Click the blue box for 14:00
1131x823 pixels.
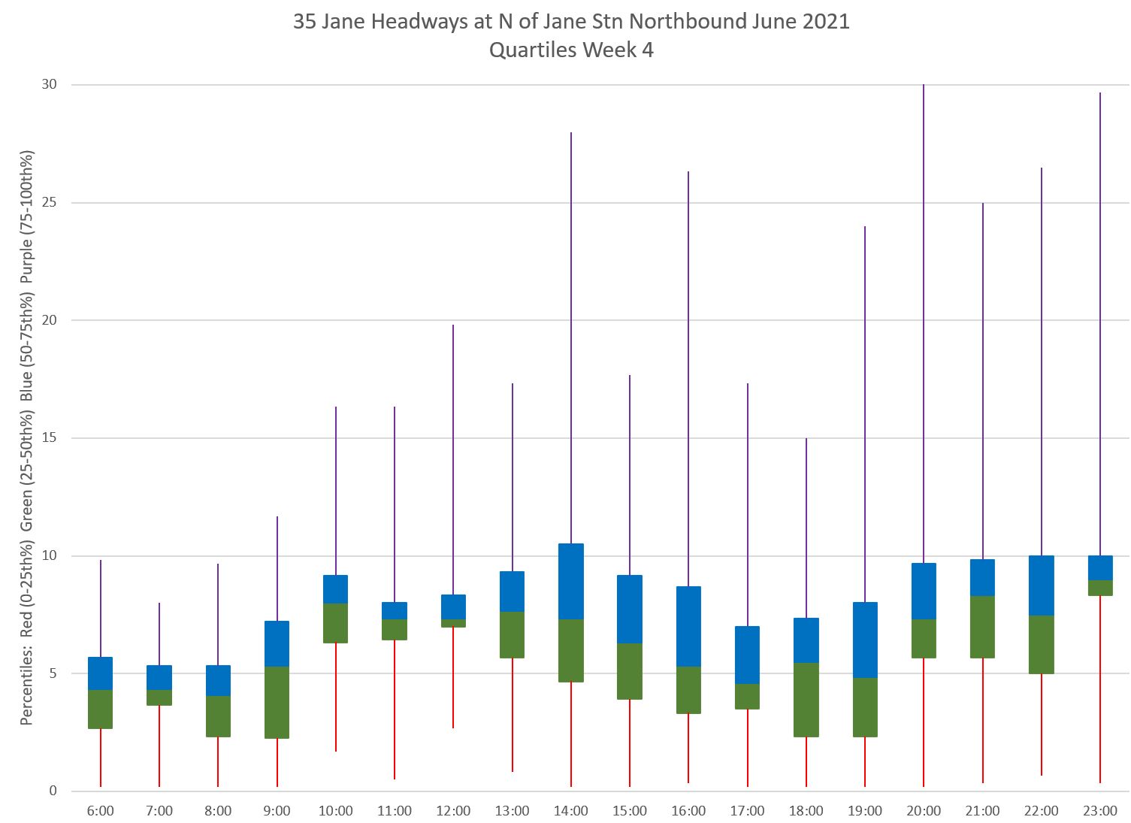pyautogui.click(x=571, y=581)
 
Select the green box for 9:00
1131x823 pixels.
pyautogui.click(x=277, y=702)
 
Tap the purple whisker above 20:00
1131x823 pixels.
pyautogui.click(x=924, y=323)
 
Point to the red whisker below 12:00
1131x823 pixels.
pyautogui.click(x=453, y=677)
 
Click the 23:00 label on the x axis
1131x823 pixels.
pyautogui.click(x=1099, y=811)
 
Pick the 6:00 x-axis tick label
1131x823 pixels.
pyautogui.click(x=101, y=811)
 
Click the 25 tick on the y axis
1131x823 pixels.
pyautogui.click(x=49, y=203)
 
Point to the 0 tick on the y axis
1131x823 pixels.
pyautogui.click(x=53, y=791)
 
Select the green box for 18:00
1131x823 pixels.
pyautogui.click(x=806, y=699)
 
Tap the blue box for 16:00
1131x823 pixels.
pyautogui.click(x=688, y=626)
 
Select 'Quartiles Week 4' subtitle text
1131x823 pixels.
pyautogui.click(x=571, y=50)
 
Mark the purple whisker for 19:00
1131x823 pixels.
pyautogui.click(x=865, y=413)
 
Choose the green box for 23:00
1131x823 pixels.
pyautogui.click(x=1099, y=588)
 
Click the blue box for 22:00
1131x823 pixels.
pyautogui.click(x=1042, y=585)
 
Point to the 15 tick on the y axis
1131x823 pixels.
pyautogui.click(x=49, y=438)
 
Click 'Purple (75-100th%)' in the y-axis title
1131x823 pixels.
pyautogui.click(x=27, y=216)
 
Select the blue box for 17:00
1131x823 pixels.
pyautogui.click(x=748, y=655)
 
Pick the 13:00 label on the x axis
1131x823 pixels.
pyautogui.click(x=513, y=811)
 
